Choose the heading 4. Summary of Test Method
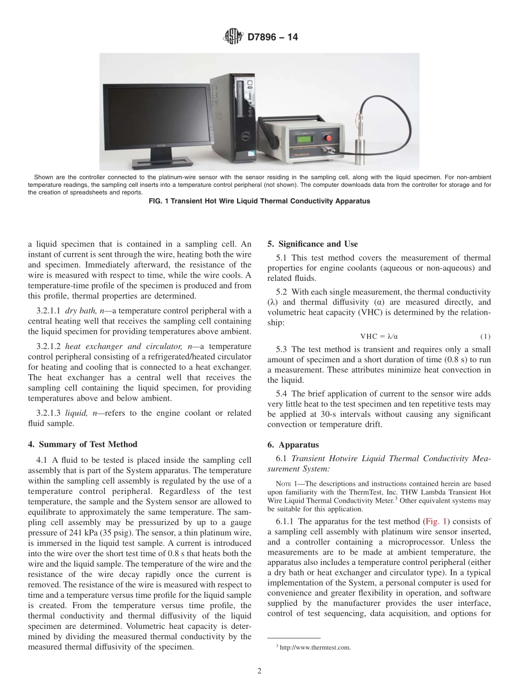coord(82,444)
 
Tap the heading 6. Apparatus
coord(289,445)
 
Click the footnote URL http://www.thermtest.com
coord(315,647)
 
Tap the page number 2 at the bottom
coord(259,672)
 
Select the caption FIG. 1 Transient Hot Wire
coord(259,201)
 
